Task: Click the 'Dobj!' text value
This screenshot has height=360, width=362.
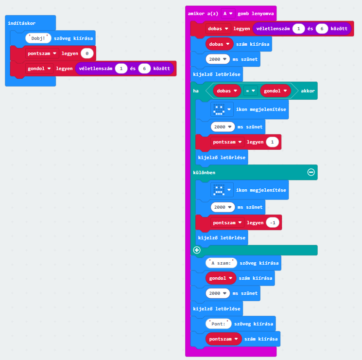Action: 38,38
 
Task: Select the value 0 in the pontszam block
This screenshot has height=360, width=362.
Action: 87,54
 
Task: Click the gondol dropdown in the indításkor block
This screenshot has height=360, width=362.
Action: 39,69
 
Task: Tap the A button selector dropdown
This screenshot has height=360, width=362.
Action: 228,14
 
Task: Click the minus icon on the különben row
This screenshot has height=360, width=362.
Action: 311,172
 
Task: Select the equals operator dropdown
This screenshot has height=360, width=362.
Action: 250,91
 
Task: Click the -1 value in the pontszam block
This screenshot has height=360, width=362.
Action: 273,223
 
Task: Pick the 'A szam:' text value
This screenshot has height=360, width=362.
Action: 221,263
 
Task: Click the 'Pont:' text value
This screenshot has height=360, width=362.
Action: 218,324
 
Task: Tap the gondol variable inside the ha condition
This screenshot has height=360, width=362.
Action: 276,91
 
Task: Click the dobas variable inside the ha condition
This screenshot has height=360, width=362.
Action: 227,91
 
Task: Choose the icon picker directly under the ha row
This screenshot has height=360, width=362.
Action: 222,109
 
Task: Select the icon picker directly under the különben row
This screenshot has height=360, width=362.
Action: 222,190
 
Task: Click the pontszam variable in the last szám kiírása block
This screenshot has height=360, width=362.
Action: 224,339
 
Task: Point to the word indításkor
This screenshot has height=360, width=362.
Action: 22,23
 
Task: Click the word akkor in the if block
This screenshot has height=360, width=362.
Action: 308,91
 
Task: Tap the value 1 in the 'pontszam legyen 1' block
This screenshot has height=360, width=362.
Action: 272,142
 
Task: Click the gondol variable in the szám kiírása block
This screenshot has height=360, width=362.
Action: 221,278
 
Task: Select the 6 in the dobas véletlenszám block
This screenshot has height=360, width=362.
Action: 322,29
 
